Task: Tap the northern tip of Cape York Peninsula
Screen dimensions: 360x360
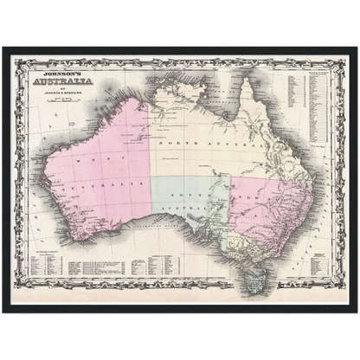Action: click(247, 76)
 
